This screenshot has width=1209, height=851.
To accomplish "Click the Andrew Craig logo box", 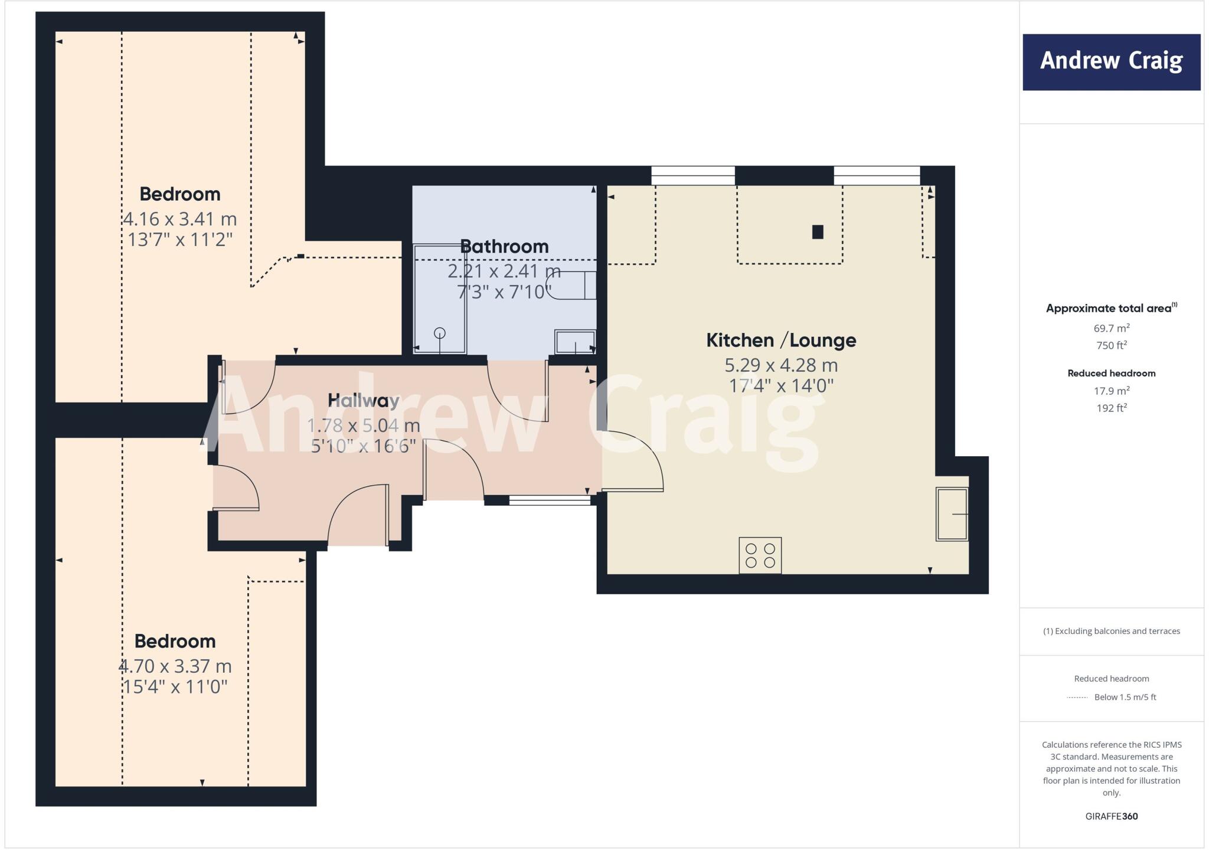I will [x=1111, y=62].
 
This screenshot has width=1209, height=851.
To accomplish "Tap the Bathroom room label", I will [x=504, y=246].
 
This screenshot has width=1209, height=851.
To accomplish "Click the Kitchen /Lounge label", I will [x=781, y=340].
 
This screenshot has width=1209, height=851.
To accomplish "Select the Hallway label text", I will [x=364, y=400].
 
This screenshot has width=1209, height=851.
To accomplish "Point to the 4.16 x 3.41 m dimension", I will [x=179, y=219].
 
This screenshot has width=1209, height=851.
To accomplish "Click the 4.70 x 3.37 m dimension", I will [x=175, y=666].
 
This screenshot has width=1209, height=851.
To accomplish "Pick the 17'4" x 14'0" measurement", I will [x=781, y=386].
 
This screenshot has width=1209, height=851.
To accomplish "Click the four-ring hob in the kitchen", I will [x=760, y=555].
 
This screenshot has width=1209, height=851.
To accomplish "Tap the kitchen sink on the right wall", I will [x=952, y=514].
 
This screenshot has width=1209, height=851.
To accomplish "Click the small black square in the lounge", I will [x=818, y=232].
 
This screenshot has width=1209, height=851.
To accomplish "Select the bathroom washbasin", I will [x=575, y=342].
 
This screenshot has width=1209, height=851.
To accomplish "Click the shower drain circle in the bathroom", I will [x=440, y=333].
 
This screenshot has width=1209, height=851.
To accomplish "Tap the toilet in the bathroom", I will [x=573, y=286].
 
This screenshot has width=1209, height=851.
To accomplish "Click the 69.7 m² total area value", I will [x=1111, y=328].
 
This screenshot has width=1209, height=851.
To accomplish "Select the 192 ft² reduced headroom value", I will [x=1111, y=408].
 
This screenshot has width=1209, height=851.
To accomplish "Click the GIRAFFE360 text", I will [x=1111, y=816].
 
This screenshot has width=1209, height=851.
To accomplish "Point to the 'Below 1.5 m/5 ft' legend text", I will [x=1125, y=697].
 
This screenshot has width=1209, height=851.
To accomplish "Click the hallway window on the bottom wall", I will [x=550, y=500].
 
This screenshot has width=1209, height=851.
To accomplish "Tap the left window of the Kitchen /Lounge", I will [x=693, y=175].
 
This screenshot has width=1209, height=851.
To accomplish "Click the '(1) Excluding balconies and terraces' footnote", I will [x=1111, y=631].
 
